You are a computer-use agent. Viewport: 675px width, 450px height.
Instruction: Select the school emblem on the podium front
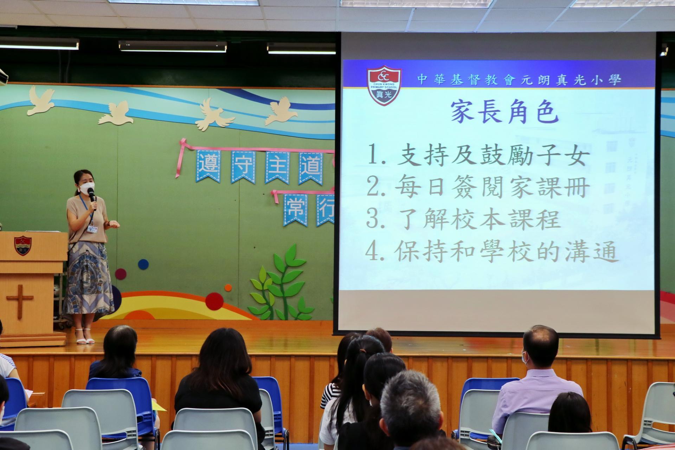coord(23,245)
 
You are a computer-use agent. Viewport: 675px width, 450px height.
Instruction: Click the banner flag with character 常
coord(295,209)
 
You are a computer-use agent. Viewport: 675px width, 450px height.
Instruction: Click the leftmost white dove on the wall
coord(41,101)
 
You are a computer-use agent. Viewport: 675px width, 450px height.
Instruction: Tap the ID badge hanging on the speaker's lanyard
coord(92,229)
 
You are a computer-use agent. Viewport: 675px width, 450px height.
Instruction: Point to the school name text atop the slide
coord(519,80)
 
